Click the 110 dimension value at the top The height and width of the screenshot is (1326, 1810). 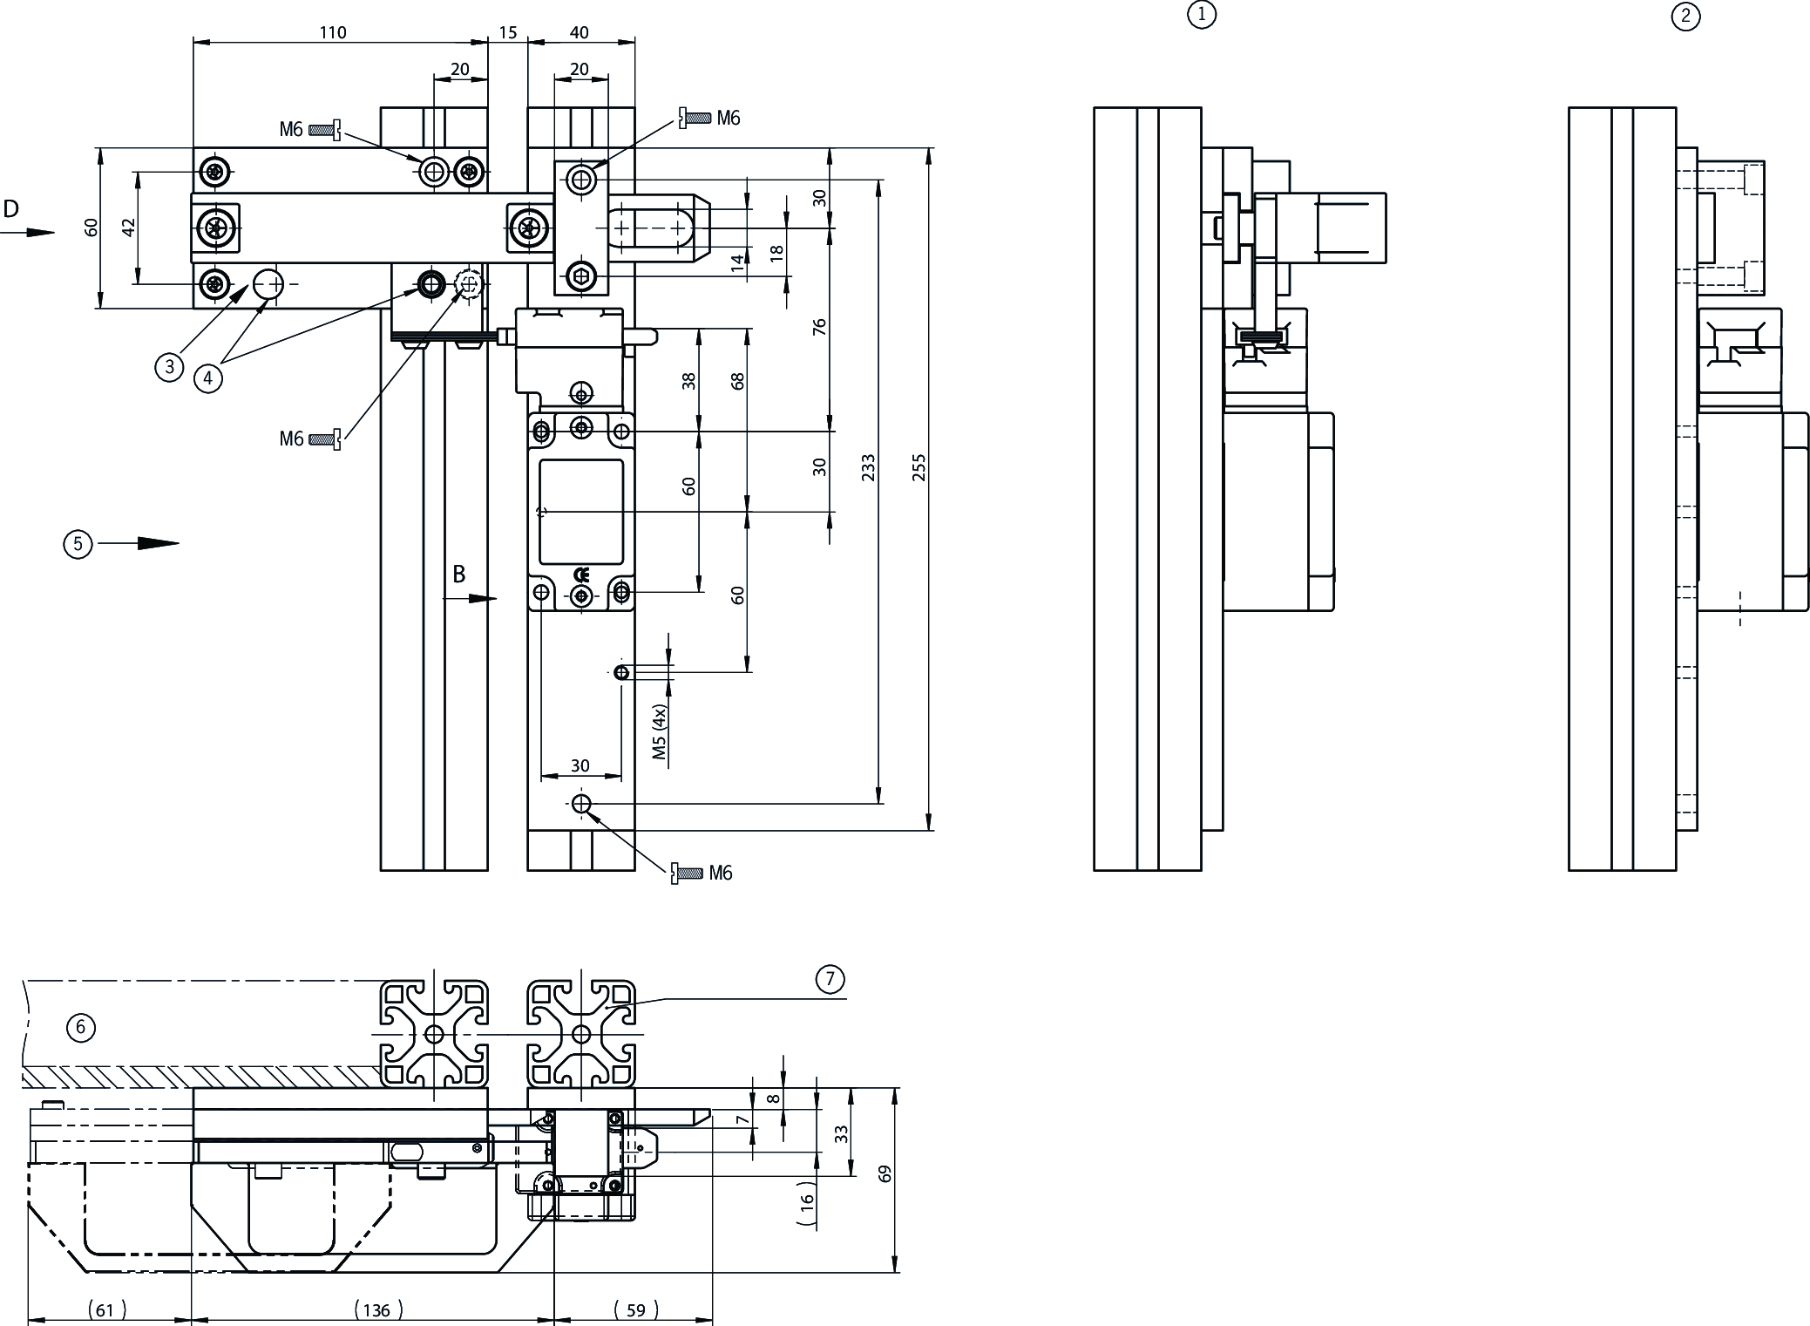333,32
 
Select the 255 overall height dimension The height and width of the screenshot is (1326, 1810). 919,467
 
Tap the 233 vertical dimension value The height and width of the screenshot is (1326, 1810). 867,467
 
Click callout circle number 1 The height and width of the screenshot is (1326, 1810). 1202,15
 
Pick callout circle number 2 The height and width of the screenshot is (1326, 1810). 1685,17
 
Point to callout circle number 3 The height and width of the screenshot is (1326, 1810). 169,367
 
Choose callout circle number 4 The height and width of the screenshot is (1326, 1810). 207,378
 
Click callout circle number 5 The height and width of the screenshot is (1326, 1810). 78,544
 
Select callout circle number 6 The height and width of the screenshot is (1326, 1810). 81,1027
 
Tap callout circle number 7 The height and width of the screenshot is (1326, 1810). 830,979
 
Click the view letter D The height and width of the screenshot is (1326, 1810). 11,208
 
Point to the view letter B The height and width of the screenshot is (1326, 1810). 459,575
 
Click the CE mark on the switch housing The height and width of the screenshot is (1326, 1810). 581,575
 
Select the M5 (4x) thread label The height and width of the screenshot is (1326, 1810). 660,732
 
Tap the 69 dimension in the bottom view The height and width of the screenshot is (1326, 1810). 885,1173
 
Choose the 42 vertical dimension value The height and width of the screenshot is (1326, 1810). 129,228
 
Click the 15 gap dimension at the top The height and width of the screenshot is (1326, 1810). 508,32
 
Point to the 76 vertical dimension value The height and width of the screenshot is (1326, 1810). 819,328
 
